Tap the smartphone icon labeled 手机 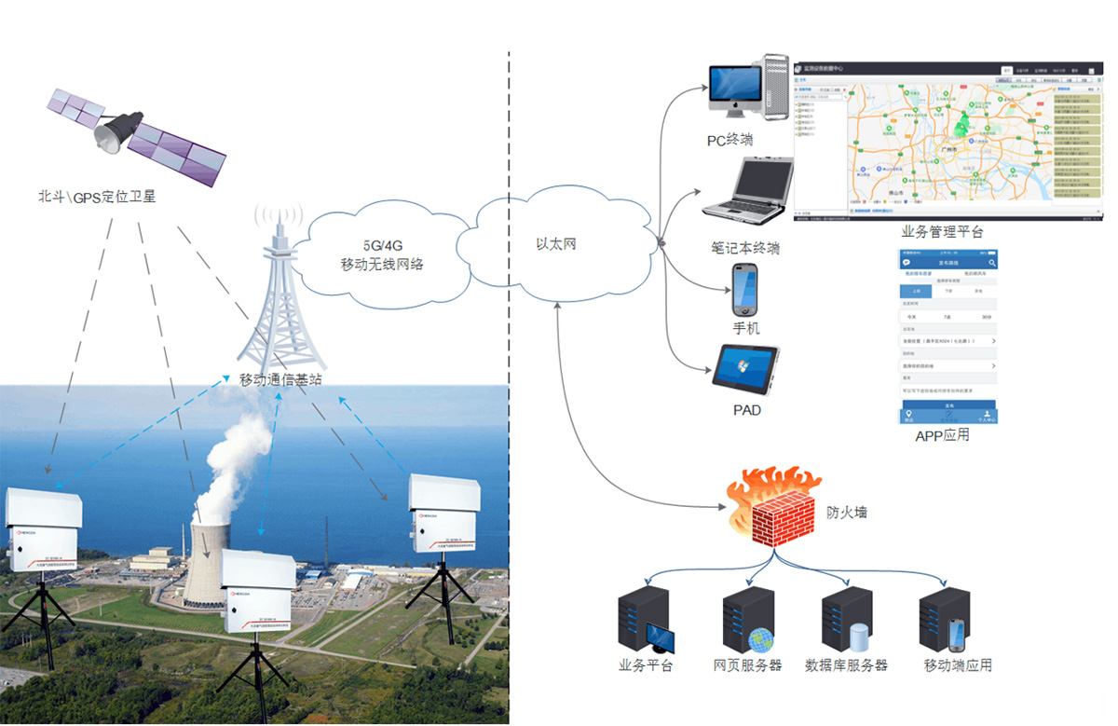pos(745,290)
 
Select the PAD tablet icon pos(745,369)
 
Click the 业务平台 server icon pos(646,620)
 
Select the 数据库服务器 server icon pos(846,620)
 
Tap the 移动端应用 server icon pos(945,620)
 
